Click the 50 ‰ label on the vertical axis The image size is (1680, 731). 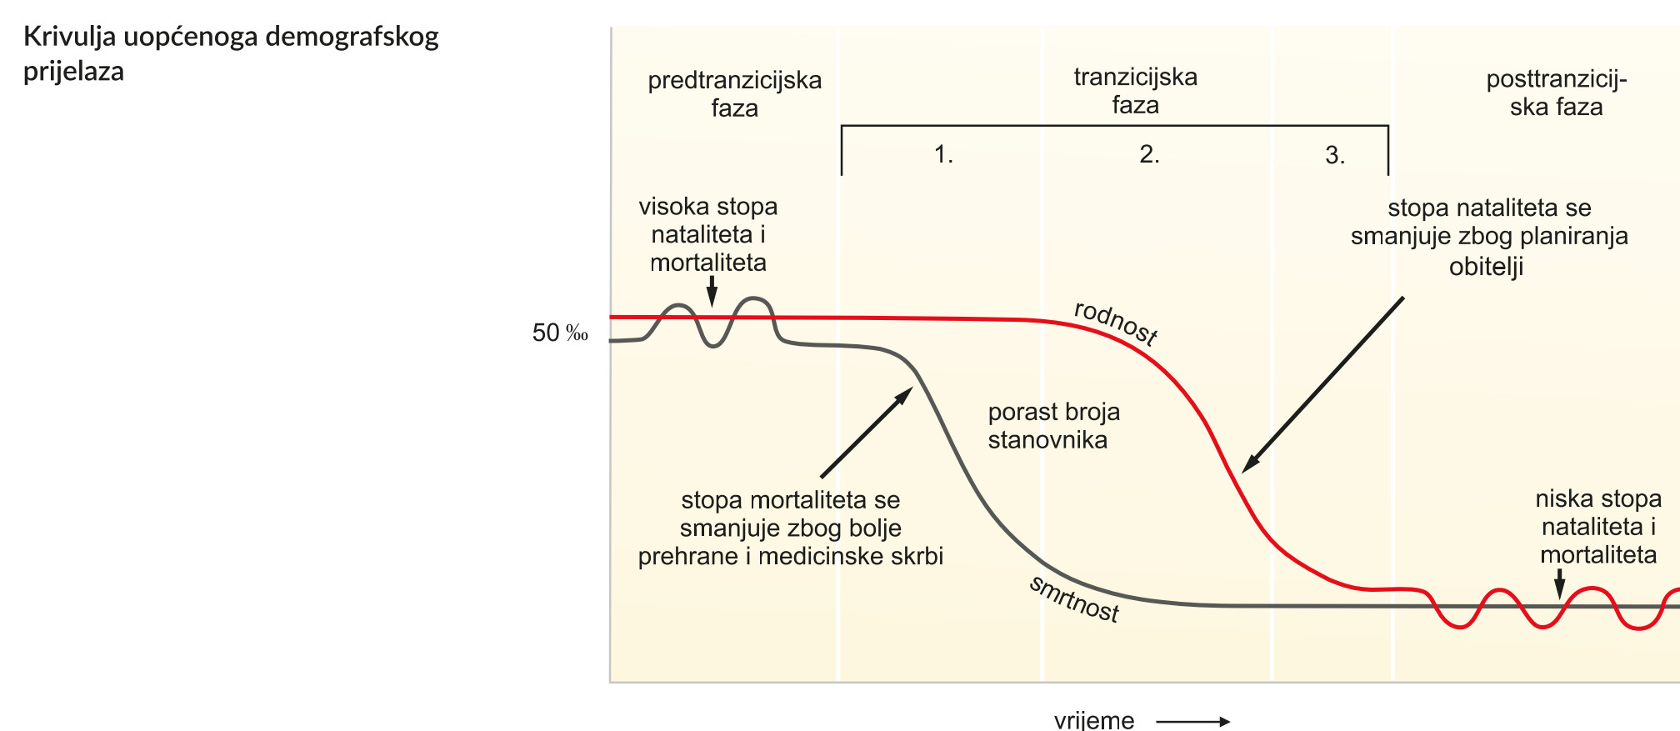coord(560,333)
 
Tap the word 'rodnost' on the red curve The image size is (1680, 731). coord(1116,322)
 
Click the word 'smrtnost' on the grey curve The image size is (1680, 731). coord(1074,598)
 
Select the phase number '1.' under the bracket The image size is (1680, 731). coord(943,154)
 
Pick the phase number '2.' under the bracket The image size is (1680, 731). coord(1149,154)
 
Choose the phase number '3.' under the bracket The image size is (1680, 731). coord(1335,155)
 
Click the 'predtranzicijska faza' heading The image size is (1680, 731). coord(734,93)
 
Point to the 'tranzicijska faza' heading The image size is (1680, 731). coord(1135,91)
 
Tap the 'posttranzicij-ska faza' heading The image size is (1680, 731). coord(1556,93)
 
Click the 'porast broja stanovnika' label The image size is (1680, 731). coord(1053,425)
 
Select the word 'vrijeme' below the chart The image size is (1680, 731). coord(1094,720)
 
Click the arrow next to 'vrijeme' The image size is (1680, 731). coord(1192,721)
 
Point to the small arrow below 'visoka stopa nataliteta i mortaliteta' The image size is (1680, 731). coord(712,292)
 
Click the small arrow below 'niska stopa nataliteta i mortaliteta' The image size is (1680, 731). coord(1559,583)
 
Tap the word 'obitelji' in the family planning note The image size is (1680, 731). coord(1486,267)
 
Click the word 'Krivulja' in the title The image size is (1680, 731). coord(69,38)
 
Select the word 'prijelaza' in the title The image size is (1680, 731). coord(73,72)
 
